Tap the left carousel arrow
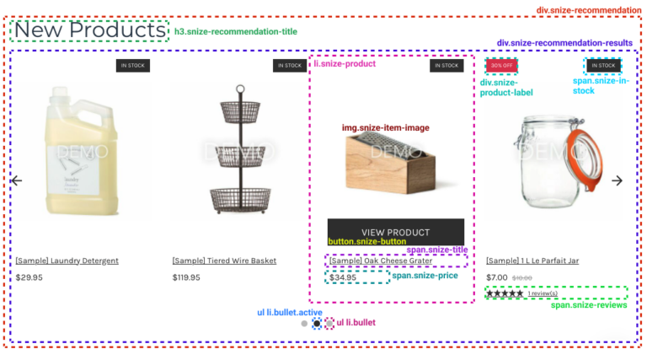pos(16,180)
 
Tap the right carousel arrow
pos(617,180)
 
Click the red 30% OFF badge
pos(501,65)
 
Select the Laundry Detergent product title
pos(67,261)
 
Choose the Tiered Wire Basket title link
pos(224,261)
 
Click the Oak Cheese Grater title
pos(381,261)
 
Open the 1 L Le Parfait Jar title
pos(532,261)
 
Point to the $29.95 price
pos(29,277)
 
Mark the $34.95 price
pos(343,277)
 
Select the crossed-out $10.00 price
pos(522,277)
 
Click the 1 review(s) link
pos(543,293)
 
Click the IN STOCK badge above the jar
pos(603,65)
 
